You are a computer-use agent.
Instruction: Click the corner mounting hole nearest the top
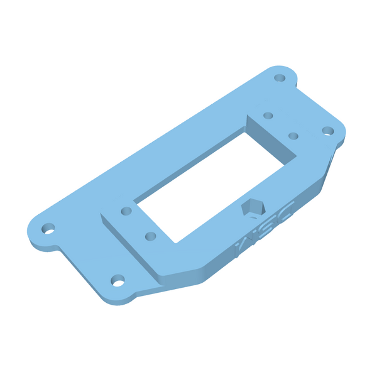click(280, 79)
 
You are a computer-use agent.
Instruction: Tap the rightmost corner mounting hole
click(328, 131)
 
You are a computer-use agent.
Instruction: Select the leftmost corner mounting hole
click(48, 227)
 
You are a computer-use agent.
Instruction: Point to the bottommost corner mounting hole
click(117, 280)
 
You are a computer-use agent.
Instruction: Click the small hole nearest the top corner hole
click(268, 116)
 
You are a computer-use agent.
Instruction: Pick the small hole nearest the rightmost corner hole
click(293, 135)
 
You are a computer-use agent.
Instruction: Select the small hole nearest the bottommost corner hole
click(150, 236)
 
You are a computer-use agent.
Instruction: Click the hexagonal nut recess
click(253, 207)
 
